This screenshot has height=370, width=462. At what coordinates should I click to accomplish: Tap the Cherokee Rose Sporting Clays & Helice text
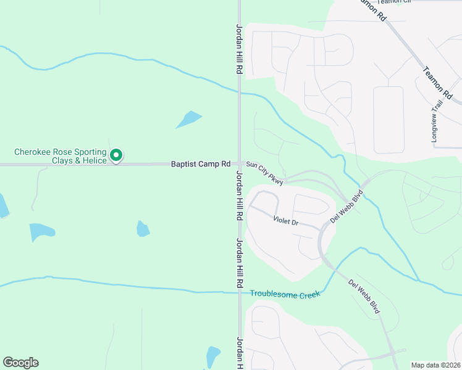point(61,156)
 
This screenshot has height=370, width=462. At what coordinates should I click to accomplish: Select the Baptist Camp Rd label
point(201,164)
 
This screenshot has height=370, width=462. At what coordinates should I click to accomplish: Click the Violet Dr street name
point(286,219)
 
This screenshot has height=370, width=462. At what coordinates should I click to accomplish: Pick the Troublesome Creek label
point(285,295)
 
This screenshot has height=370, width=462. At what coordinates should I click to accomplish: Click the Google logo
point(20,363)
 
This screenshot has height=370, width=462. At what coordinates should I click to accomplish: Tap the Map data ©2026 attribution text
point(435,365)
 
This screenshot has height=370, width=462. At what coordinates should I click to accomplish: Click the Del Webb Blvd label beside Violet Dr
point(346,207)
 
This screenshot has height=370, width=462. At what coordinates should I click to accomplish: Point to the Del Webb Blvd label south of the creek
point(364,297)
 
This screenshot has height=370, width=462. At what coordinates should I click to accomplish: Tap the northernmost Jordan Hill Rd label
point(239,49)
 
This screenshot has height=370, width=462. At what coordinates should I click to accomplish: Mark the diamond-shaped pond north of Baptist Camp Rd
point(189,119)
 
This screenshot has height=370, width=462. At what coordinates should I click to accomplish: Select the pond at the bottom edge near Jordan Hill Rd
point(212,356)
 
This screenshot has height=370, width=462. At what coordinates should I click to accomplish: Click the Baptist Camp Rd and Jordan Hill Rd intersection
point(239,164)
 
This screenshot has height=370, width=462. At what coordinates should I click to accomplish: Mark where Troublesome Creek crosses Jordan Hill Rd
point(239,293)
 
